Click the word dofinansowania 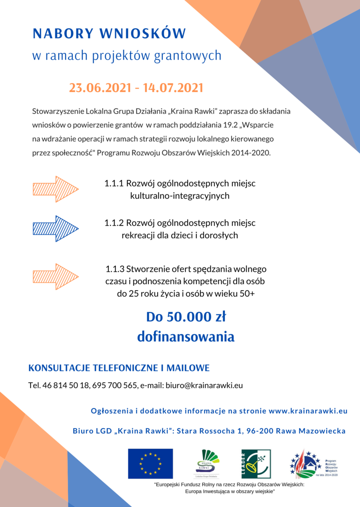(x=185, y=337)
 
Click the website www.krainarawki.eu (x=308, y=411)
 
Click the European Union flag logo (x=150, y=463)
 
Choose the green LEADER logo (x=253, y=463)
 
